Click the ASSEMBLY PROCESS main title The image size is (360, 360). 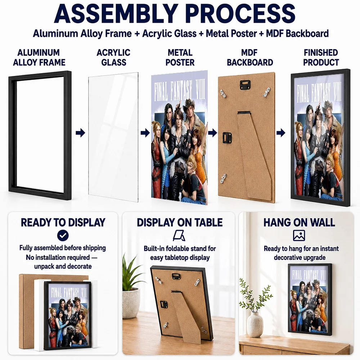[x=175, y=13]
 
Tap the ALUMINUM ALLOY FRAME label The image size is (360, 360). [x=39, y=58]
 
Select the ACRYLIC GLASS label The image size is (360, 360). [x=114, y=58]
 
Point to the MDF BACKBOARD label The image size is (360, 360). [x=250, y=58]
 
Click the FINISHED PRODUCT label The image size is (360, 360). [x=321, y=58]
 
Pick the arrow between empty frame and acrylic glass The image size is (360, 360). [x=80, y=133]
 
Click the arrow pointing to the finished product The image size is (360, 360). [x=281, y=133]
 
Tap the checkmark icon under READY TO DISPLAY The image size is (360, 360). [x=63, y=235]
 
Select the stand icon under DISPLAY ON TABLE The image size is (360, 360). [x=179, y=236]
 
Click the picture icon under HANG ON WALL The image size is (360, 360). [x=299, y=235]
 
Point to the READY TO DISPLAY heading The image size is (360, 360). [x=63, y=222]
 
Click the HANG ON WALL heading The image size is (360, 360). [x=299, y=222]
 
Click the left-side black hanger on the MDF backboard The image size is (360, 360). [x=227, y=137]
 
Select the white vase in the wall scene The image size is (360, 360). [x=255, y=324]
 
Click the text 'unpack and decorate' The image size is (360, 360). [x=63, y=266]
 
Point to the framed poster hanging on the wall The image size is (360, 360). [x=310, y=300]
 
